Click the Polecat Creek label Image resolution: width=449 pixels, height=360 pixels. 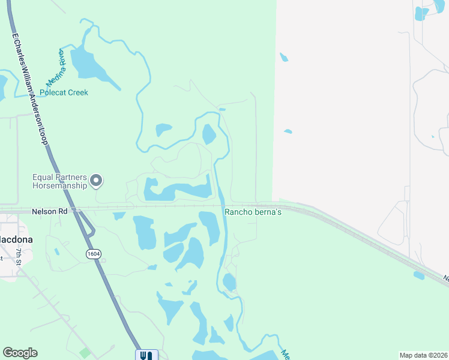click(x=64, y=92)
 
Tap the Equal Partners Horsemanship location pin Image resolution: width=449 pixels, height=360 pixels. click(x=97, y=181)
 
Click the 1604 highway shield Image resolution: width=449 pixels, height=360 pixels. click(x=93, y=254)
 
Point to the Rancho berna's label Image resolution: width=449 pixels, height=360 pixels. click(x=253, y=212)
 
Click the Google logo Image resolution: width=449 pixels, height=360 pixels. click(x=20, y=353)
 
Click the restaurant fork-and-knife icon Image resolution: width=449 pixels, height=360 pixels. click(x=146, y=355)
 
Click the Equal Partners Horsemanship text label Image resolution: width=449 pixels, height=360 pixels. click(x=59, y=182)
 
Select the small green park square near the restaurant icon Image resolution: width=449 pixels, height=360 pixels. click(x=85, y=353)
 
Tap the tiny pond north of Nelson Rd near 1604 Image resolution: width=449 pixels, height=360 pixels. click(x=119, y=215)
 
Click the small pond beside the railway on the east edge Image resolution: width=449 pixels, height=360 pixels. click(x=419, y=275)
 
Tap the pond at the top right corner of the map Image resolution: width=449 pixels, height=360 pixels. click(x=422, y=13)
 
